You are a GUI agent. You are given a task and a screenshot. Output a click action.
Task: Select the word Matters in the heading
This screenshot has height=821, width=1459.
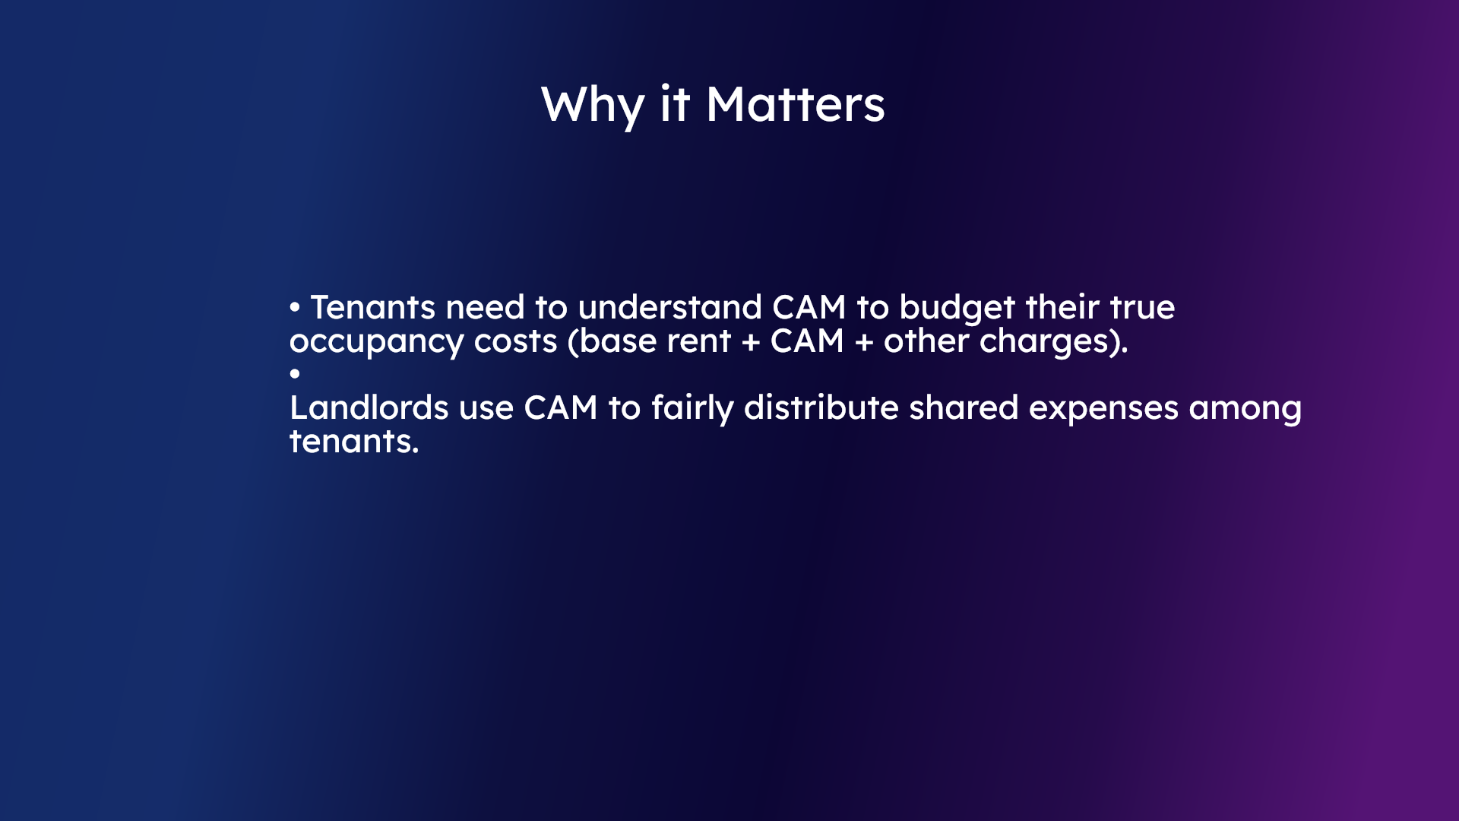pos(796,105)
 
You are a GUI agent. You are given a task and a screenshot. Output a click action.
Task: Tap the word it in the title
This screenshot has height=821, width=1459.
pos(675,105)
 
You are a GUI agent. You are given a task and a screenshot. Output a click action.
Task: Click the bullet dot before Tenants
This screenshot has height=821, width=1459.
pos(295,308)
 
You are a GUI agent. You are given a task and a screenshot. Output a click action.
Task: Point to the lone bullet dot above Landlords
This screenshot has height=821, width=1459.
pos(295,373)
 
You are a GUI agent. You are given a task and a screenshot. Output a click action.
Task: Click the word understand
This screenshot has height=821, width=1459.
pos(669,308)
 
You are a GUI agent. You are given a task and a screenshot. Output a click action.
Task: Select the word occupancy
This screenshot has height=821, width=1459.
pos(376,342)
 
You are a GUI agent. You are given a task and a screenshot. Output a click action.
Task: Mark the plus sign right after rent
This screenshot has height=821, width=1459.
pos(751,342)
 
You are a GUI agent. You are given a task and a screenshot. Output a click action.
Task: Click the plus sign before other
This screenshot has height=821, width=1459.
pos(864,342)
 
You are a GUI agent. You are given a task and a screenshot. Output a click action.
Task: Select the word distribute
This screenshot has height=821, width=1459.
pos(821,408)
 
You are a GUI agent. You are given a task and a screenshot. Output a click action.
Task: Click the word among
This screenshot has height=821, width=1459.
pos(1245,409)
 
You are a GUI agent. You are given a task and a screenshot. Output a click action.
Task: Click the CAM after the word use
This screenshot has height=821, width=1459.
pos(561,408)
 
